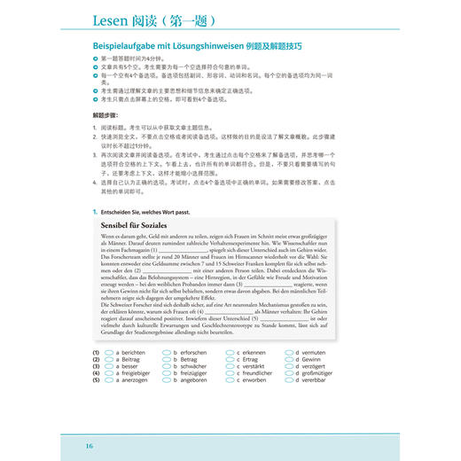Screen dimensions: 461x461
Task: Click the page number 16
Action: click(89, 444)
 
